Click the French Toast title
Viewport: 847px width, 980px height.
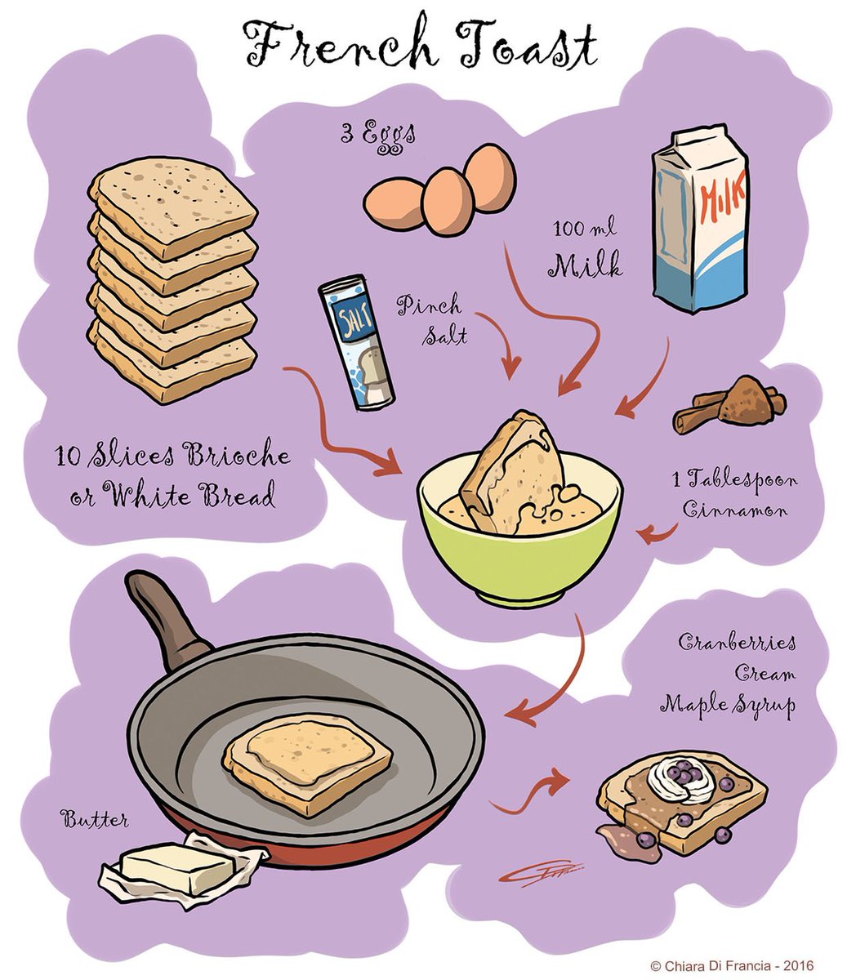tap(421, 47)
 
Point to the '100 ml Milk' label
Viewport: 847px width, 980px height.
tap(586, 250)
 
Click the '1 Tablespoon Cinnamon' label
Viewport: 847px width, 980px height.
tap(738, 496)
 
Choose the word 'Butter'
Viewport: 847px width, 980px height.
tap(95, 818)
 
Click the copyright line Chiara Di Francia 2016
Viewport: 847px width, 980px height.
tap(732, 965)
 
